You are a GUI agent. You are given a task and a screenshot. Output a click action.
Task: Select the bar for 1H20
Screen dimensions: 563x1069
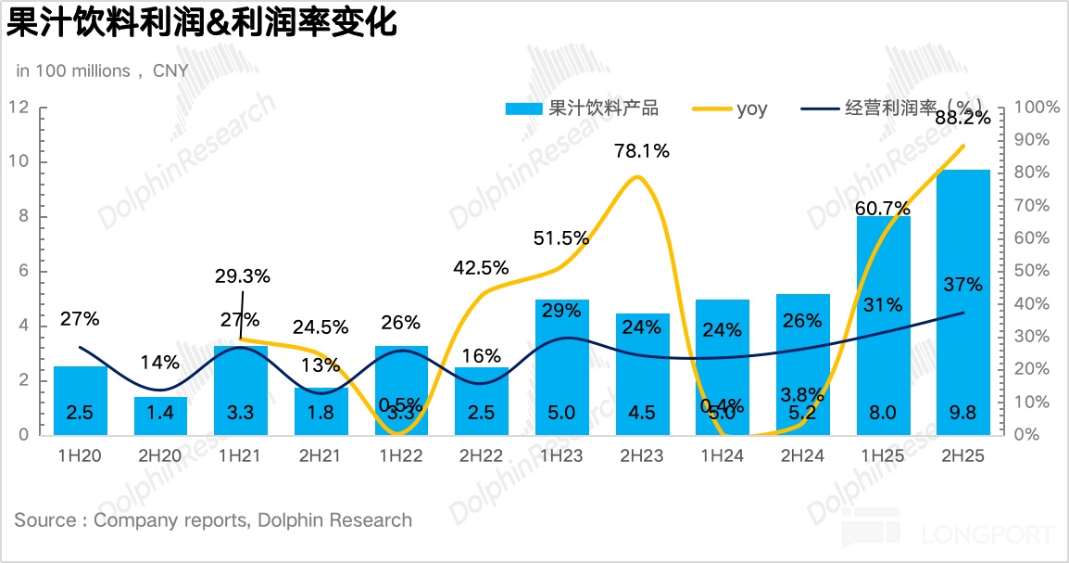coord(81,390)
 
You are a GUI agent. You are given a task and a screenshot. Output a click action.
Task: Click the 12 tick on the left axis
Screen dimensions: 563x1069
coord(18,108)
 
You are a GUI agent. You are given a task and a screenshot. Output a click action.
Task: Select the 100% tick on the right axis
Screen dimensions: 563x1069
coord(1037,108)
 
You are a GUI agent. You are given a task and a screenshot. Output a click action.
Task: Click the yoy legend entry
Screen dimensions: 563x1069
coord(751,109)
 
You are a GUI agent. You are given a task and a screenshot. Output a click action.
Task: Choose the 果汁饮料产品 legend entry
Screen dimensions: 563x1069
coord(603,109)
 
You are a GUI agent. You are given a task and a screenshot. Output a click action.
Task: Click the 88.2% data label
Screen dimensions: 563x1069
coord(963,118)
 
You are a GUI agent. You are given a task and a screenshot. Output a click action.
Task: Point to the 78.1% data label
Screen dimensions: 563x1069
coord(641,150)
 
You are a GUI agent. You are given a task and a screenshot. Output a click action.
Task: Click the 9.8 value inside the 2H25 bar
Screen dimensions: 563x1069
coord(963,412)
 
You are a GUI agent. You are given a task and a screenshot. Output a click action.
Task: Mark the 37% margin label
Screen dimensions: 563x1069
coord(963,284)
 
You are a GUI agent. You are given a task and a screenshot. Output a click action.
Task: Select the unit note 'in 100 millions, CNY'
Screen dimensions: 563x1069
coord(102,71)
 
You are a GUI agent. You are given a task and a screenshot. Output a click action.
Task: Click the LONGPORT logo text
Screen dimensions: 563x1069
coord(988,534)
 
